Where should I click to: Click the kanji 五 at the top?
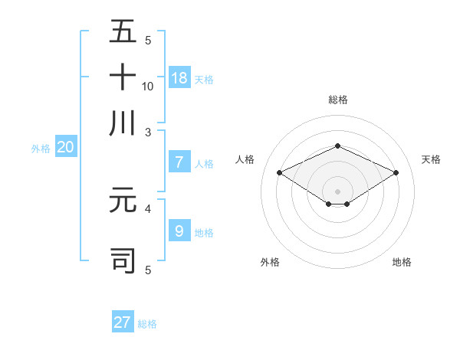(123, 32)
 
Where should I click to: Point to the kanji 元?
(123, 200)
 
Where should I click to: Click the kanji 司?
(123, 260)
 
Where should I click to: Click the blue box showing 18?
(179, 77)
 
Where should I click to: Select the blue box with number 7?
(179, 162)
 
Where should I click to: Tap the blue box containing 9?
(179, 231)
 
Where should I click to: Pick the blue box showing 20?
(65, 148)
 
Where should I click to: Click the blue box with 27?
(123, 322)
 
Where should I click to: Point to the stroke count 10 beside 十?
(148, 86)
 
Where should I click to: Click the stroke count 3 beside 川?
(148, 132)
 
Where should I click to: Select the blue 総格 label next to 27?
(147, 324)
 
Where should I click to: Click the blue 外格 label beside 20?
(41, 149)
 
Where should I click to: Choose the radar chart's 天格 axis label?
(431, 159)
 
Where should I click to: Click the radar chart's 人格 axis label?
(245, 159)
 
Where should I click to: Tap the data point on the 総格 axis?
(337, 146)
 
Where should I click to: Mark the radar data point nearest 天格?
(396, 173)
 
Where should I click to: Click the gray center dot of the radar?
(337, 190)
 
